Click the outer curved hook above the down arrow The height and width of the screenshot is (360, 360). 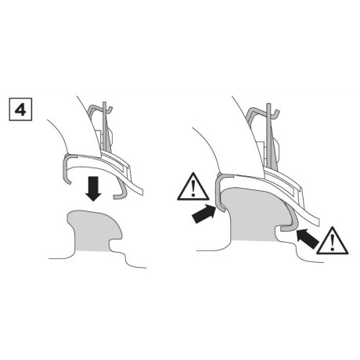point(67,167)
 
